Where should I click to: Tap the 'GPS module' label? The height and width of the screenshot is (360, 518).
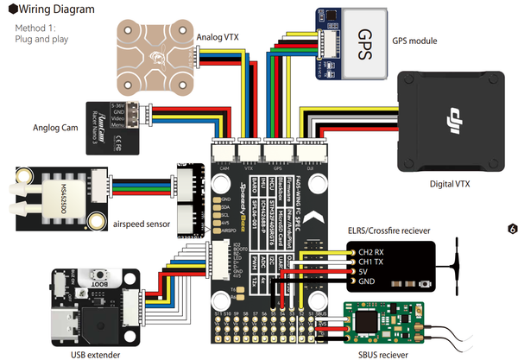[414, 41]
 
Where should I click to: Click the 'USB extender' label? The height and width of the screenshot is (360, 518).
[95, 351]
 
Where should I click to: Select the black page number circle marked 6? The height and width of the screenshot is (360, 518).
[512, 230]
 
